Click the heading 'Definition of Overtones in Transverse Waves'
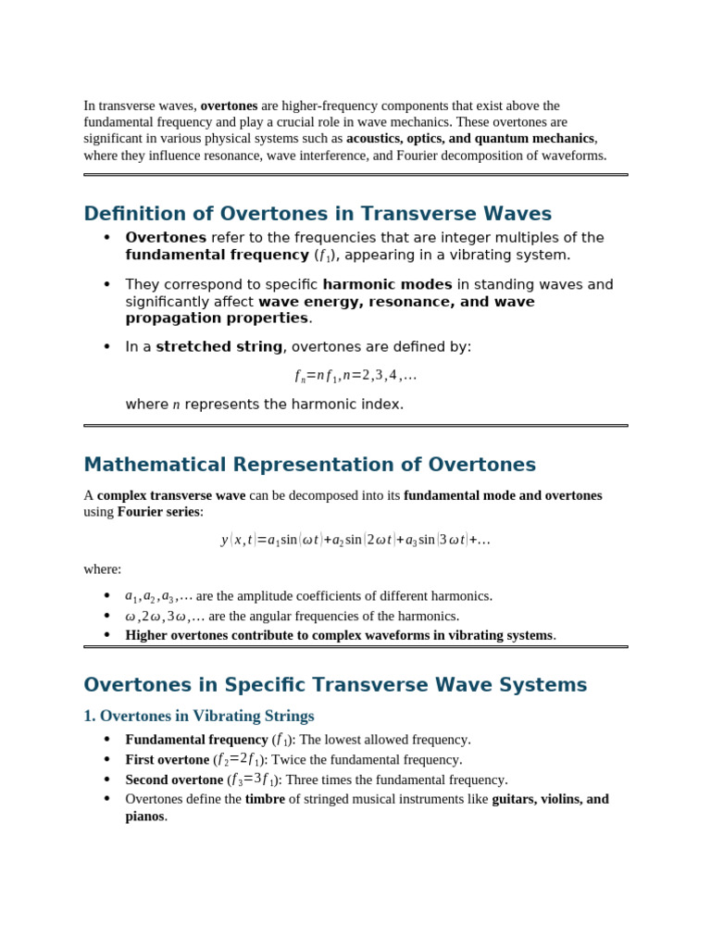318,214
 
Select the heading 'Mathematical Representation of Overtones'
309,465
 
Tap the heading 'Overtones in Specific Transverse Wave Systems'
335,685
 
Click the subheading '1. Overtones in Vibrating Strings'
199,716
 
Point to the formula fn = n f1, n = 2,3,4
355,376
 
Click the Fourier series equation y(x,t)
355,540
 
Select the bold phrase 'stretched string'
219,347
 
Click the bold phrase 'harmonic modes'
387,285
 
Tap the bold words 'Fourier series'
158,512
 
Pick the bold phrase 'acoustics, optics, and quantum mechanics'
470,139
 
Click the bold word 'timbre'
265,799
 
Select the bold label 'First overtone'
168,760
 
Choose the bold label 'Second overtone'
174,780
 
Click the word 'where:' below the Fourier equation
103,569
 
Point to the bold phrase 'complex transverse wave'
171,495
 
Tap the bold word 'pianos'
145,817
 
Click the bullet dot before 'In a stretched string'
106,347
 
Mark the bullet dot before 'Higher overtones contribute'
106,635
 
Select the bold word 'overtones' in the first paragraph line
229,106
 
